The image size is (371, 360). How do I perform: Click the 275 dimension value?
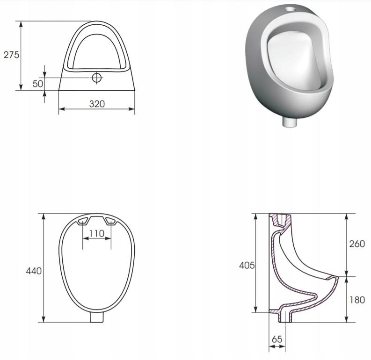tap(11, 55)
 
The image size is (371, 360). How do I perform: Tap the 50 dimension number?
tap(38, 84)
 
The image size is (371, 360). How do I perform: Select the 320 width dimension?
tap(97, 104)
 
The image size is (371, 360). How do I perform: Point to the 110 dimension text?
tap(97, 234)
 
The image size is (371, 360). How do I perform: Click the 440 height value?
tap(34, 271)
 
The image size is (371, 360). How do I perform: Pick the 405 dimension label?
tap(247, 266)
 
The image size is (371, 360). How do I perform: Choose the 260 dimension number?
tap(357, 244)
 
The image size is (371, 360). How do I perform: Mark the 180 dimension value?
tap(357, 300)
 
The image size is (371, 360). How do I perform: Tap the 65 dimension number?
tap(277, 339)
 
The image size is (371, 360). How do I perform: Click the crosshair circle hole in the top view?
tap(96, 78)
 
